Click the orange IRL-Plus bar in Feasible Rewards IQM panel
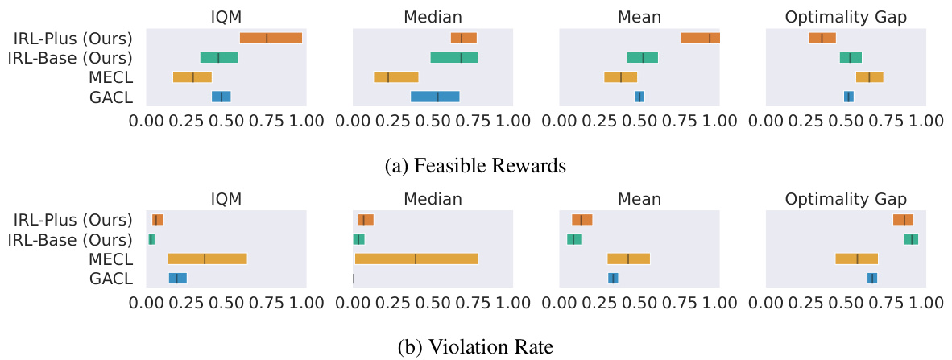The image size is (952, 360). click(271, 38)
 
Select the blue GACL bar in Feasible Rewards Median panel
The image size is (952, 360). click(435, 97)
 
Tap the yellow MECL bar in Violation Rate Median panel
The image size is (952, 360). click(416, 259)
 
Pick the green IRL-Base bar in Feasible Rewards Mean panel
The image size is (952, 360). click(643, 57)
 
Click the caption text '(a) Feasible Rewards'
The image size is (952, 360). click(476, 166)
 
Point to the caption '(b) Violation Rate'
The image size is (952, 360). click(476, 347)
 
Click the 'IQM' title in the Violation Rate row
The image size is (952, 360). click(226, 199)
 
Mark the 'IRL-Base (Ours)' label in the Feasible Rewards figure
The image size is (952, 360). click(69, 57)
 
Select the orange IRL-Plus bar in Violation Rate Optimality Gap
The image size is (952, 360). click(903, 220)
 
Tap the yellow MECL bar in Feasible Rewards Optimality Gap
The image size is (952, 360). click(869, 77)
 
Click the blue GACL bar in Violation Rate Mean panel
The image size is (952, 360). click(613, 279)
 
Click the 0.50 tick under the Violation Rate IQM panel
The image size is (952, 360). click(226, 303)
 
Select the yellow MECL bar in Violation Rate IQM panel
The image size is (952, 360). click(207, 259)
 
